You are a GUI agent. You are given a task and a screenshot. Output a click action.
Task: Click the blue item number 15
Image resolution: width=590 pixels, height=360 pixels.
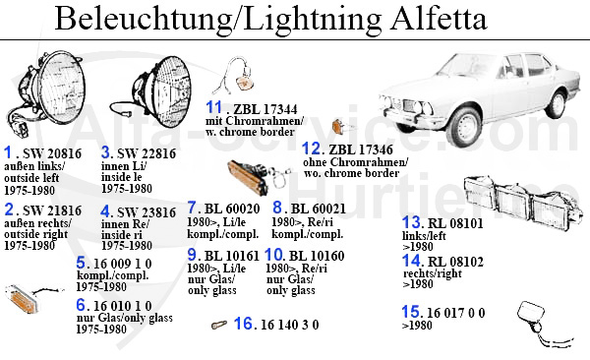(x=411, y=312)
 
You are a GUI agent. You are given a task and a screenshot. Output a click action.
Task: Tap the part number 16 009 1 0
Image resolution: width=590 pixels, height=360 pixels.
(x=126, y=263)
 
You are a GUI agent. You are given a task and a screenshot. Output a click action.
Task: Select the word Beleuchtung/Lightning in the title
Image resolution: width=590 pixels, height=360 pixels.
(x=210, y=18)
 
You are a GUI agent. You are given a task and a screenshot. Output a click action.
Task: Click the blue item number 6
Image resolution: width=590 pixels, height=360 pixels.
(x=82, y=305)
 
